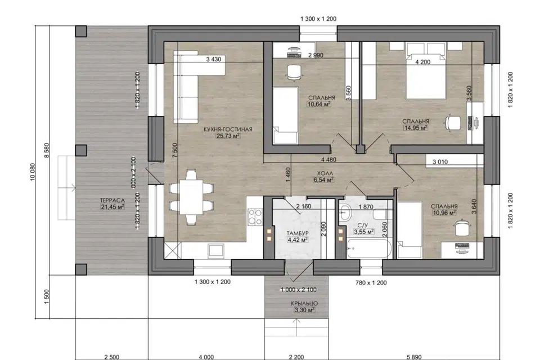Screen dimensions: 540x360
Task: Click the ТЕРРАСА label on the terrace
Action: click(x=112, y=200)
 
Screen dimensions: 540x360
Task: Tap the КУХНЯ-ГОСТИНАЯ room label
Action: click(x=228, y=129)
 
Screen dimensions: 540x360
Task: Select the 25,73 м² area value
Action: click(x=228, y=136)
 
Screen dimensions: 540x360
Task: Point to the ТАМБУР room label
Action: click(x=298, y=233)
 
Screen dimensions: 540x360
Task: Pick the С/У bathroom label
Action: click(x=363, y=226)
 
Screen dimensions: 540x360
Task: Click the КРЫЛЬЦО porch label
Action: click(x=304, y=304)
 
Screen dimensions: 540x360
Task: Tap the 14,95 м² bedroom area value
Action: click(x=416, y=128)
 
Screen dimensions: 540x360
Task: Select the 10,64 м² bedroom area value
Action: click(x=319, y=103)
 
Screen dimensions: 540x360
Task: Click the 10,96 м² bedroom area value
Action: click(x=444, y=213)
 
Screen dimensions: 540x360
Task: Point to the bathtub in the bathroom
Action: click(x=369, y=249)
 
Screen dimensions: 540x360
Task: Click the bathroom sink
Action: click(x=345, y=213)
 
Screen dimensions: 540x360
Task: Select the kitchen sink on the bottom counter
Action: click(x=216, y=250)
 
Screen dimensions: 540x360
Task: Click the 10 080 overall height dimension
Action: click(x=33, y=172)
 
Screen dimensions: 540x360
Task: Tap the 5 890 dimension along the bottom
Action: click(x=413, y=357)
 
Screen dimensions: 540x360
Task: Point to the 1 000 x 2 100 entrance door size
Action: click(x=299, y=290)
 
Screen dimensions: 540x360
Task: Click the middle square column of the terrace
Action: click(x=81, y=150)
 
